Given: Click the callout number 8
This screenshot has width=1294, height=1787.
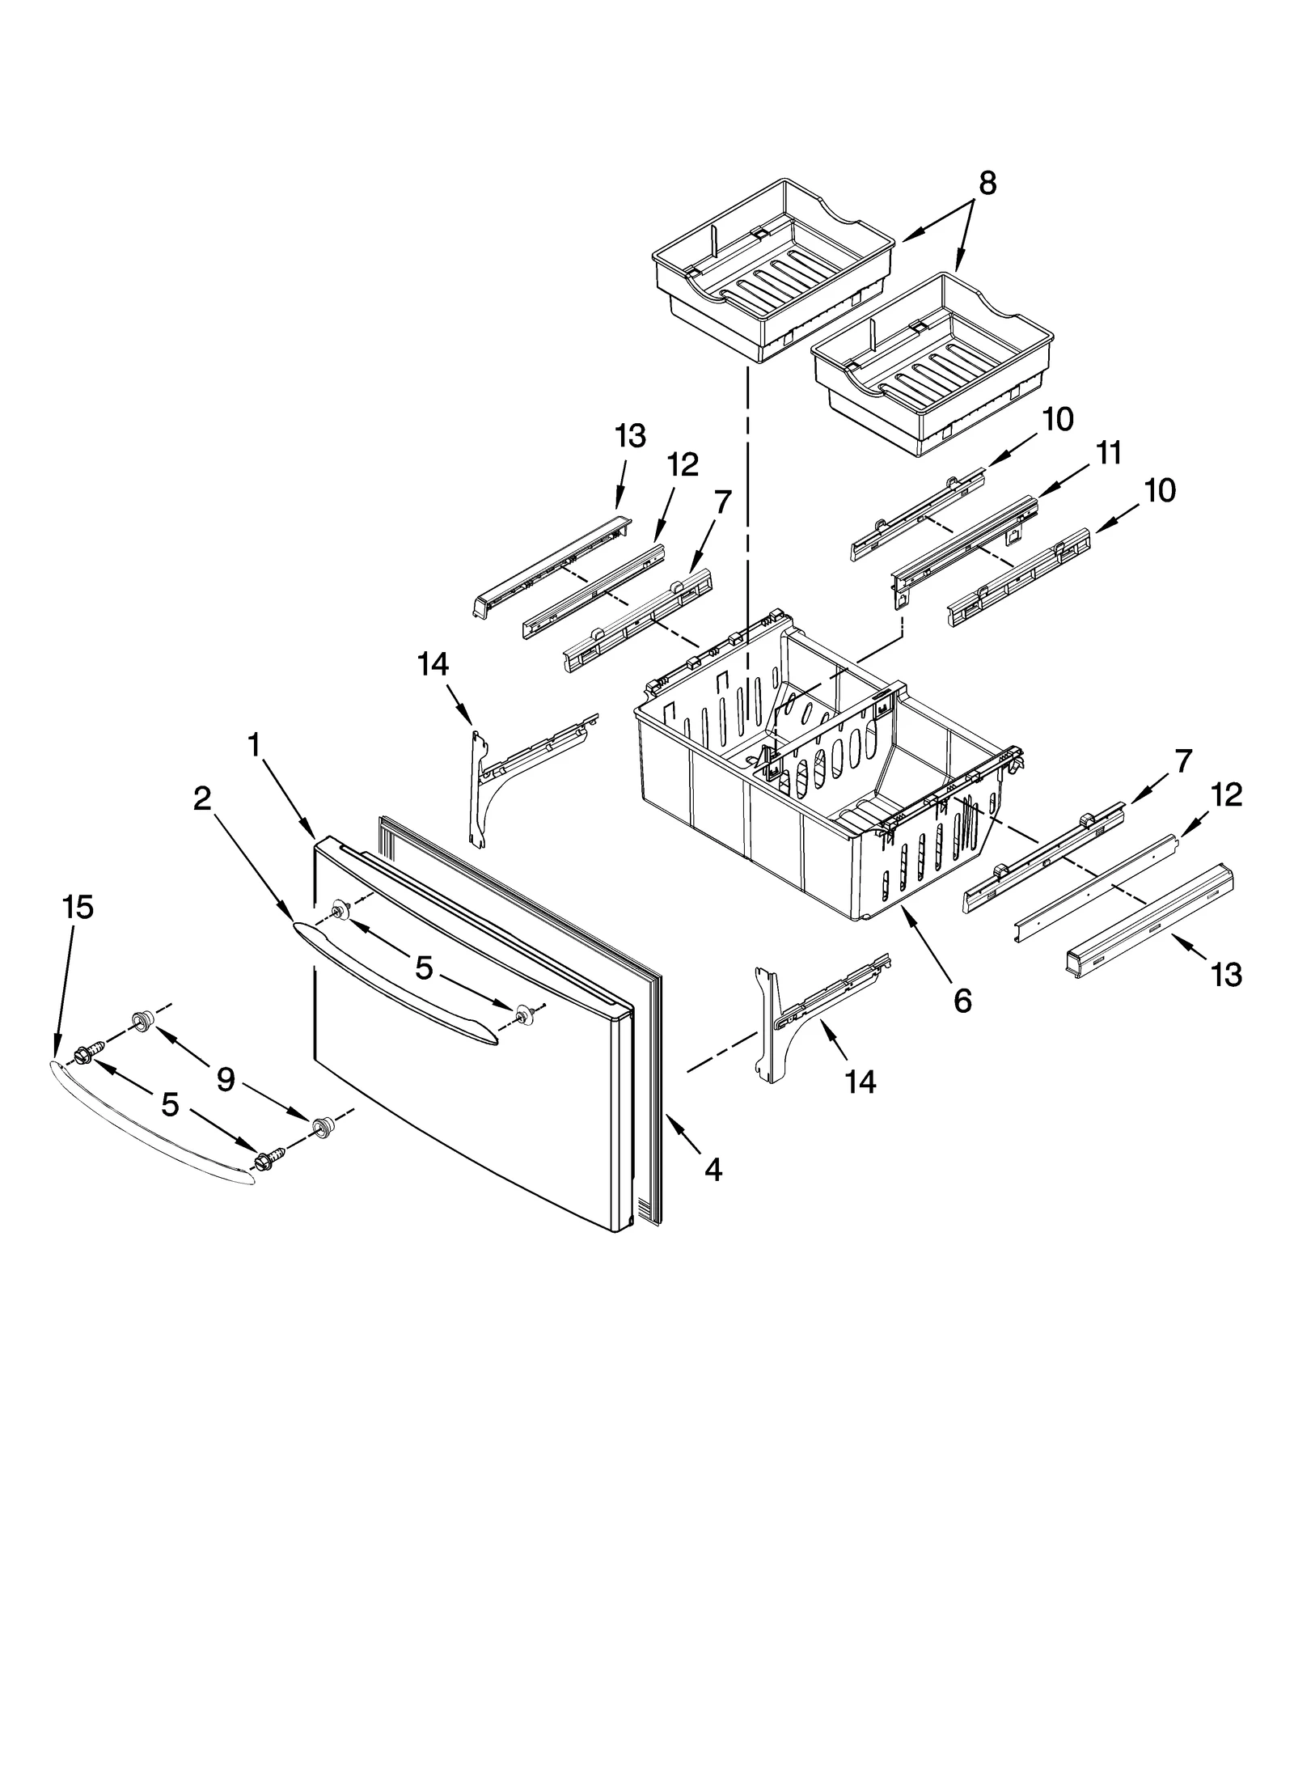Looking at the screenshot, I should coord(987,185).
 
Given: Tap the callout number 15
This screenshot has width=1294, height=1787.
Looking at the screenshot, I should coord(78,908).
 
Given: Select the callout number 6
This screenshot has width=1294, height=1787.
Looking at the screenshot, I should coord(962,1001).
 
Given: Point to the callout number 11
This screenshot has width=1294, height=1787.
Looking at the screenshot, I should coord(1109,454).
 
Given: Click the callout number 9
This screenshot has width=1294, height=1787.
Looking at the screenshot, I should coord(225,1079).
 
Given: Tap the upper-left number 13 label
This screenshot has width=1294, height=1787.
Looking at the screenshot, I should coord(630,437).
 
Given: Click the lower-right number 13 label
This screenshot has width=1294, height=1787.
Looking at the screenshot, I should coord(1226,975).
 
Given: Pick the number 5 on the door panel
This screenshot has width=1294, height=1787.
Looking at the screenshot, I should coord(425,968).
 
